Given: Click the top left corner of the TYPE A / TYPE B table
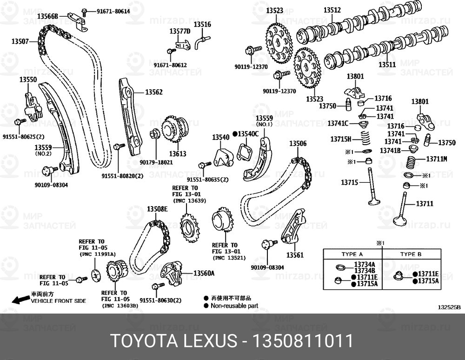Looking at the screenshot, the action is click(x=323, y=249).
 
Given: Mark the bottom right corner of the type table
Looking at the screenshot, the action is click(x=441, y=290).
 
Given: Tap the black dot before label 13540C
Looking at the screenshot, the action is click(x=235, y=134).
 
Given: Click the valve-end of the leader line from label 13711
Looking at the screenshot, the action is click(x=405, y=205).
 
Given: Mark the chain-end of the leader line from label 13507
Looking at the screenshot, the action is click(x=39, y=41).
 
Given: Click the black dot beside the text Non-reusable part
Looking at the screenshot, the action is click(x=206, y=306).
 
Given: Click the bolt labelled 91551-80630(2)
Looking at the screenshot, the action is click(x=157, y=286).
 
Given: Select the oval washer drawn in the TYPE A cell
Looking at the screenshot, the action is click(x=340, y=267).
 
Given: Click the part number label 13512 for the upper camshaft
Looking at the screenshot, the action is click(x=332, y=10).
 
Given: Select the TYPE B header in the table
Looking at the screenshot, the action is click(x=411, y=254).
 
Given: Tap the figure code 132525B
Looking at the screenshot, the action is click(x=449, y=307).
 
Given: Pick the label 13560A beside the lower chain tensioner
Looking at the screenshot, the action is click(x=204, y=273).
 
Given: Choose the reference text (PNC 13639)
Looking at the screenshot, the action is click(x=190, y=201).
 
